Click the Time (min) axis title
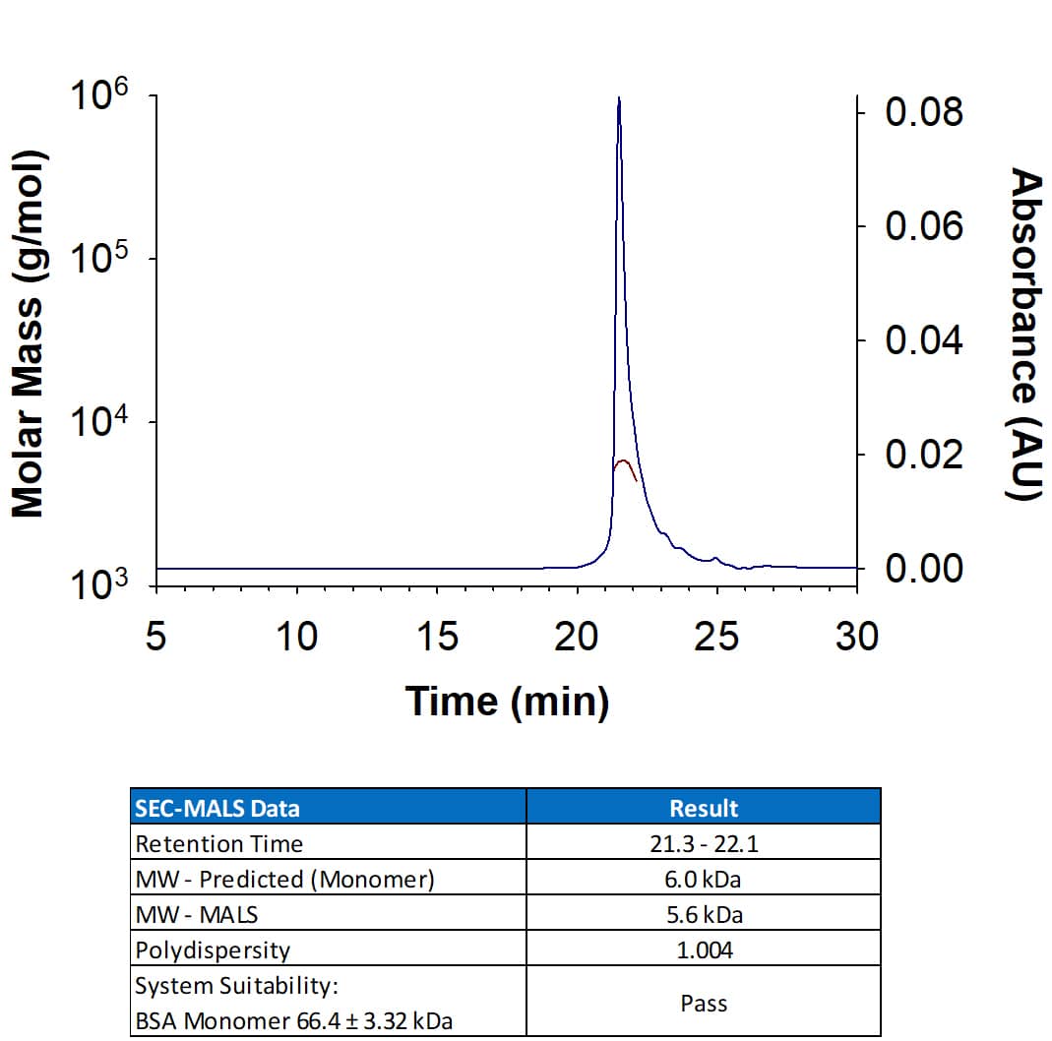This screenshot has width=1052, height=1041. coord(507,702)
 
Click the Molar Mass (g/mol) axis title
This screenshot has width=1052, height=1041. coord(29,335)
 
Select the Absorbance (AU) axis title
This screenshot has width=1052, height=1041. coord(1025,335)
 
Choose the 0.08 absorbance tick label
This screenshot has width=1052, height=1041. coord(923,113)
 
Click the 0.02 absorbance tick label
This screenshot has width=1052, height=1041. coord(923,456)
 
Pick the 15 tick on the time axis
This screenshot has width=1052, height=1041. coord(437,638)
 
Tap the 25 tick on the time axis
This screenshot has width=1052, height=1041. coord(716,638)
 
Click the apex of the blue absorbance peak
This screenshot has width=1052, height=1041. coord(618,99)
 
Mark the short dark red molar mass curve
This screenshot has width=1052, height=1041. coord(625,463)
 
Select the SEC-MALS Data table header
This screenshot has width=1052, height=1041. coord(217,808)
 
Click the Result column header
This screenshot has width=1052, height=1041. coord(704,808)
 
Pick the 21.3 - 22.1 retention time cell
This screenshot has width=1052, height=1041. coord(704,843)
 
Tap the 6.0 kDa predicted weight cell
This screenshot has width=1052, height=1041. coord(704,879)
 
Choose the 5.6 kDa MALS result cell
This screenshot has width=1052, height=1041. coord(704,914)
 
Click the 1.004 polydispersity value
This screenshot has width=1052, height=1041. coord(704,949)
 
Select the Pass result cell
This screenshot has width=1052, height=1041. coord(704,1003)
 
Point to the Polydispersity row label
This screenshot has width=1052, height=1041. coord(213,949)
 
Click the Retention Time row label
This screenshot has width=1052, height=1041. coord(218,843)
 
